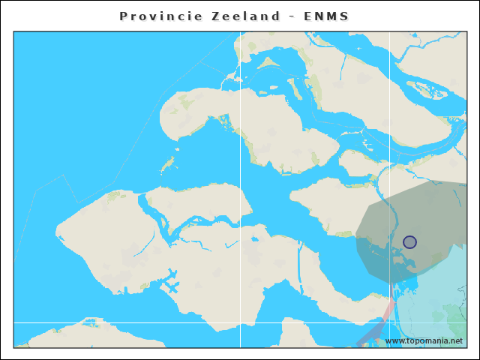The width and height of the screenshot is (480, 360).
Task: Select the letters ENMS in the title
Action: pos(326,16)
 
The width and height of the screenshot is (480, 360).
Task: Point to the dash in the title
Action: pos(289,16)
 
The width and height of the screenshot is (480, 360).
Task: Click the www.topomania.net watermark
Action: pos(424,341)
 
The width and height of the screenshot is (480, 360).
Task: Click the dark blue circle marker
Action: pos(409,241)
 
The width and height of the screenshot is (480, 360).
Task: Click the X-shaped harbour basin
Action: pos(172,286)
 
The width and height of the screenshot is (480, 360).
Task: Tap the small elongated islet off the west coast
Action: pos(169,161)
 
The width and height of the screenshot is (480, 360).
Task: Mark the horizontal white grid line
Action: pos(150,323)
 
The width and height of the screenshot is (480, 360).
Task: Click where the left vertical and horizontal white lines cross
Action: pos(240,323)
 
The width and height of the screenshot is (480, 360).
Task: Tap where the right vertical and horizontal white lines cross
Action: pos(389,323)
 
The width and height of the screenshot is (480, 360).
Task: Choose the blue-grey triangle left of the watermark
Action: pos(370,335)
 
